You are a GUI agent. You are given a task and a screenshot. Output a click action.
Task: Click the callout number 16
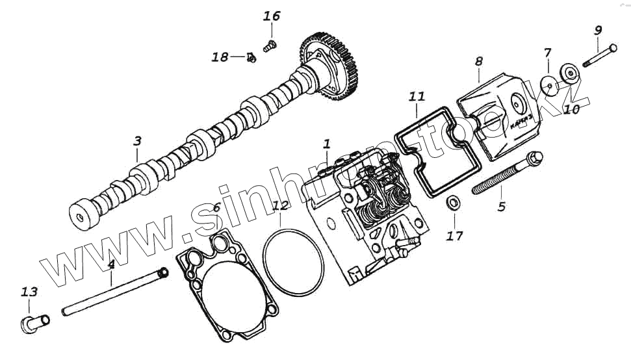(272, 16)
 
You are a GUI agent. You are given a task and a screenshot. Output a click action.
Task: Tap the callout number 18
(220, 57)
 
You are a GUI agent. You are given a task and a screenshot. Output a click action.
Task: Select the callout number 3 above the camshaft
(137, 140)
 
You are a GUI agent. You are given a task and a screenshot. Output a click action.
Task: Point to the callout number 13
(29, 292)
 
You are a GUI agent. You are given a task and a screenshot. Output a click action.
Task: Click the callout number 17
(455, 236)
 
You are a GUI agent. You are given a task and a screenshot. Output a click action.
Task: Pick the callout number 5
(501, 207)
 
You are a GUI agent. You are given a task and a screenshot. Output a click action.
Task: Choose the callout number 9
(598, 30)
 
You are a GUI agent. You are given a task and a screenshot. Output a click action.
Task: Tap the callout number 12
(280, 207)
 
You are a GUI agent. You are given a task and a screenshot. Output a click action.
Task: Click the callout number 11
(417, 97)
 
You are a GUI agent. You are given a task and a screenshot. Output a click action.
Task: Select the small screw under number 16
(270, 45)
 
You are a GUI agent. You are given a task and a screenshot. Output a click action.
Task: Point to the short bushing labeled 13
(36, 322)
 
